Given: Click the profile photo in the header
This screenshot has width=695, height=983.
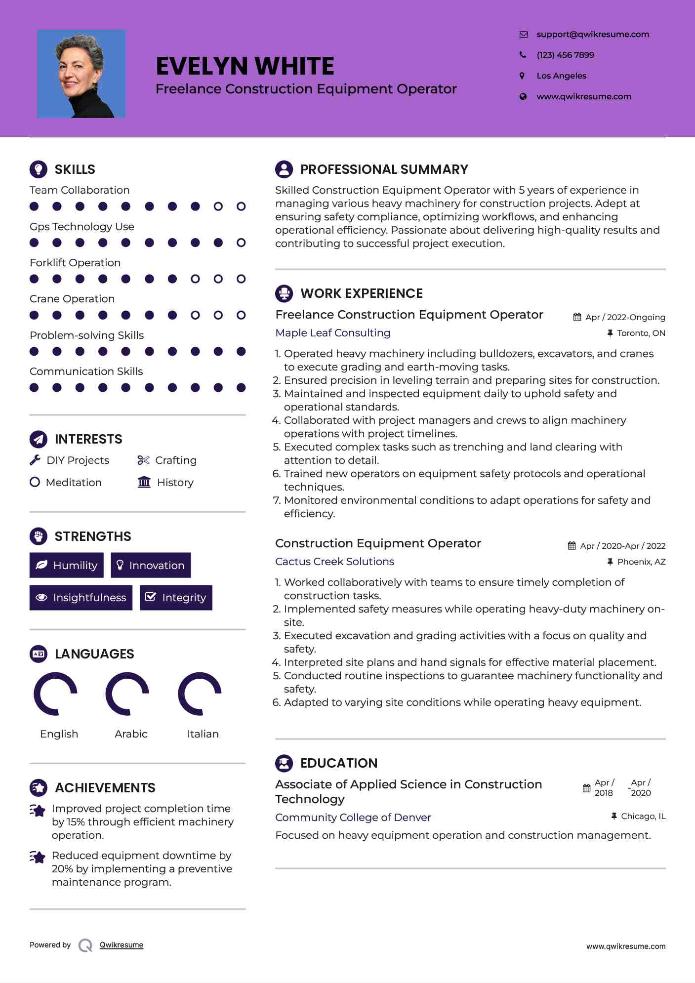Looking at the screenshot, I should (81, 74).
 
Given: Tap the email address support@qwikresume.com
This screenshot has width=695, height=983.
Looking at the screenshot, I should (592, 34).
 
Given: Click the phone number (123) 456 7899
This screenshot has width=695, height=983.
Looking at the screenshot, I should (565, 55).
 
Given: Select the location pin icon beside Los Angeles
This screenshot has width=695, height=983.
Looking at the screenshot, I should (522, 76).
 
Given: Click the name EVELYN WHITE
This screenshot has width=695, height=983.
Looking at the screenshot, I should (245, 66).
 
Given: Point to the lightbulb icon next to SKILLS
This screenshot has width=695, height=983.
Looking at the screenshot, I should (39, 169).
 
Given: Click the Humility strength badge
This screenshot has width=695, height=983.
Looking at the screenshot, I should (66, 565).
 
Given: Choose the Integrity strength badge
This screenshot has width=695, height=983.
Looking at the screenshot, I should (176, 597).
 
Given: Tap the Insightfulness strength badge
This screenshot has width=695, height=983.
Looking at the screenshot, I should (81, 597).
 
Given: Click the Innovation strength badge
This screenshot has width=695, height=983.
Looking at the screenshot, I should (151, 565).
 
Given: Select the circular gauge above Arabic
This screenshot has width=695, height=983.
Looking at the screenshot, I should (127, 694).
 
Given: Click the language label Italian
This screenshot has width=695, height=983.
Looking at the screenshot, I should (203, 734).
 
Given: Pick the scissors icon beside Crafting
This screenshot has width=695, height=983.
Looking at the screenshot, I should (143, 460).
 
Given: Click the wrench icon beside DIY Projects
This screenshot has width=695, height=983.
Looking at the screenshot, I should (35, 460).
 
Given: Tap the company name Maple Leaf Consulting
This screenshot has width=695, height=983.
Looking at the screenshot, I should (332, 333).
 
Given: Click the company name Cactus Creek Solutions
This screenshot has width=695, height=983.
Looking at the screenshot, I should (334, 562).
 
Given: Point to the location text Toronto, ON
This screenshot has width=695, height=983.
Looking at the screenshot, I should (641, 333).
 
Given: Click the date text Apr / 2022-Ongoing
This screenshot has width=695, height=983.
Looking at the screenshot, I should (625, 317).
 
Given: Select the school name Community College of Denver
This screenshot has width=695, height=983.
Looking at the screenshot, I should (353, 818).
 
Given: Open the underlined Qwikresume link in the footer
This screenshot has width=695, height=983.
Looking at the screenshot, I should (122, 945).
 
